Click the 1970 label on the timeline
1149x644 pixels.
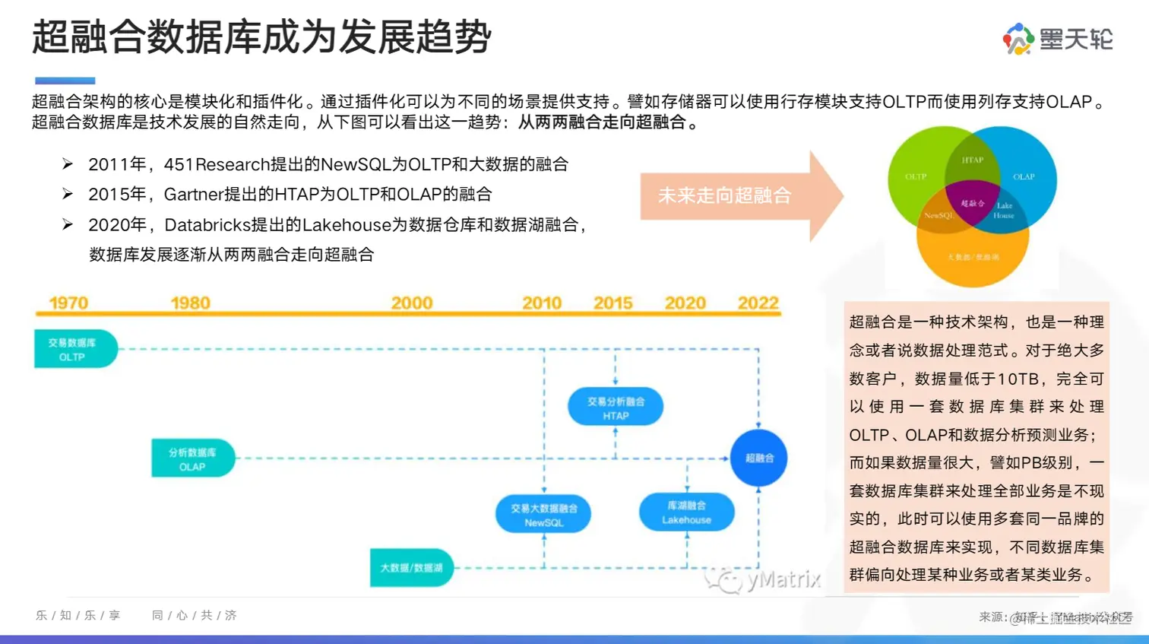(68, 303)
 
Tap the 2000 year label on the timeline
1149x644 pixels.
(411, 303)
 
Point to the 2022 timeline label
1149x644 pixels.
(758, 303)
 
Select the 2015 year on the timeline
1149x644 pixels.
(612, 303)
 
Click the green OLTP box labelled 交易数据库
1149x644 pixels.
(74, 349)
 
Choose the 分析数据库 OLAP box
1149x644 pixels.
(192, 458)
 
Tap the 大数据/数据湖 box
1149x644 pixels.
(411, 568)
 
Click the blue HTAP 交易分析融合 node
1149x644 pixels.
(616, 408)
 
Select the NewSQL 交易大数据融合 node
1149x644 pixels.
(543, 515)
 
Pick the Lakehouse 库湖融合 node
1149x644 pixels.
(686, 512)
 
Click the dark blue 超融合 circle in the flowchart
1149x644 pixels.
(758, 458)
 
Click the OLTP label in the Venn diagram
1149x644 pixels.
(916, 176)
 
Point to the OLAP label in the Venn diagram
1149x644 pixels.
(1024, 176)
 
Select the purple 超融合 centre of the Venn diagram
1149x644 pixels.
(973, 203)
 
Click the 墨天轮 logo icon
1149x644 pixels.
(1018, 39)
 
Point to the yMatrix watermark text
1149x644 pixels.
(783, 580)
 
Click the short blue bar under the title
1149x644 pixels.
(65, 81)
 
